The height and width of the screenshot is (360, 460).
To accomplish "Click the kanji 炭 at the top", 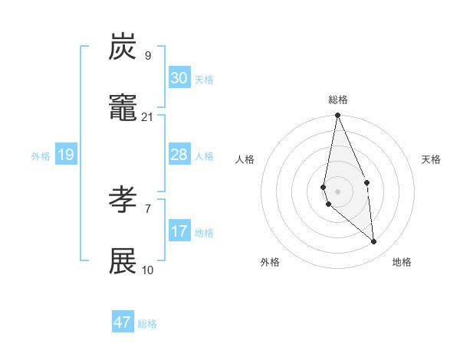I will tap(123, 47).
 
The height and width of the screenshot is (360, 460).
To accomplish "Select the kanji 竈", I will tap(123, 109).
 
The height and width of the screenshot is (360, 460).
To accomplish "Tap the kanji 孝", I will tap(123, 201).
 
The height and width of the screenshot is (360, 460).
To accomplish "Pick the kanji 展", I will tap(123, 262).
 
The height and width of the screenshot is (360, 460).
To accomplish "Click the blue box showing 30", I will tap(179, 78).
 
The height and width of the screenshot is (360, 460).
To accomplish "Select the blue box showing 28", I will tap(179, 155).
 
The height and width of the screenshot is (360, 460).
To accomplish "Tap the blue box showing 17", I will tap(179, 231).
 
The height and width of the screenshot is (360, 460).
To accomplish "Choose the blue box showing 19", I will tap(66, 155).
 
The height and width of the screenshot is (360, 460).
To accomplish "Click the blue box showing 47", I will tap(123, 322).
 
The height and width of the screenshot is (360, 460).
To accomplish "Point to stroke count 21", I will tap(148, 116).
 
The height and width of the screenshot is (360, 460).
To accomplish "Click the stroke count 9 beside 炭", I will tap(148, 55).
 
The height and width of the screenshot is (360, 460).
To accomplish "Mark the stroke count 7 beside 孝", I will tap(148, 208).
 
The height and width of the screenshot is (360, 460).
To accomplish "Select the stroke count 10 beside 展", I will tap(148, 270).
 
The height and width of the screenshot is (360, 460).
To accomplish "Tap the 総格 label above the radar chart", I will tap(338, 100).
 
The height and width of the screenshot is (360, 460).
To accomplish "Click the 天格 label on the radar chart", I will tap(432, 159).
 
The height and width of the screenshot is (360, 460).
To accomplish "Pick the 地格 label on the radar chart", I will tap(402, 262).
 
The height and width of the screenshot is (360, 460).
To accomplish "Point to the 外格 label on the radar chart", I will tap(270, 262).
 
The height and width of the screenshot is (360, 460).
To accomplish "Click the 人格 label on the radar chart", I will tap(245, 159).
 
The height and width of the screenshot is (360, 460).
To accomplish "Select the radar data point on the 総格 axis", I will tap(337, 116).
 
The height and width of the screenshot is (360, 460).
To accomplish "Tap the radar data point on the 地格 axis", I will tap(374, 242).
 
